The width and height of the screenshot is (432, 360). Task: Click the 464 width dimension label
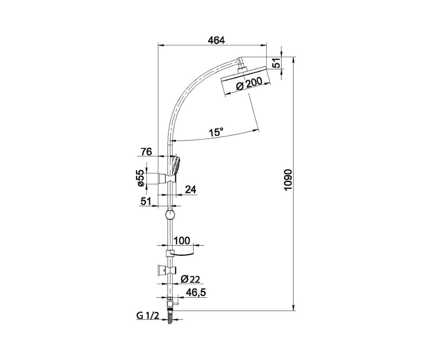click(x=216, y=40)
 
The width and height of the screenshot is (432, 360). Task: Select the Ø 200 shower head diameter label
click(x=249, y=84)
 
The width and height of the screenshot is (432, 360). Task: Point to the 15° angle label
click(x=216, y=132)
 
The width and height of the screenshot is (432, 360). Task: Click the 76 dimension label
click(x=146, y=152)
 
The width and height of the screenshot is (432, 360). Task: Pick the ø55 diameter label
click(x=141, y=178)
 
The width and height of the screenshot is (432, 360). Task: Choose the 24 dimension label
click(x=190, y=189)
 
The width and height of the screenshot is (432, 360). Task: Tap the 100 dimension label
click(x=181, y=240)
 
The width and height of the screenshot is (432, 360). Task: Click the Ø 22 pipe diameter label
click(x=190, y=279)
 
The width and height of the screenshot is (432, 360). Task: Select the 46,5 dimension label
click(x=196, y=293)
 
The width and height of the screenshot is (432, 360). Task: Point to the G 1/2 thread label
click(x=148, y=316)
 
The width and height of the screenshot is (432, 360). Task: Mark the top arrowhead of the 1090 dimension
click(x=294, y=59)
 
